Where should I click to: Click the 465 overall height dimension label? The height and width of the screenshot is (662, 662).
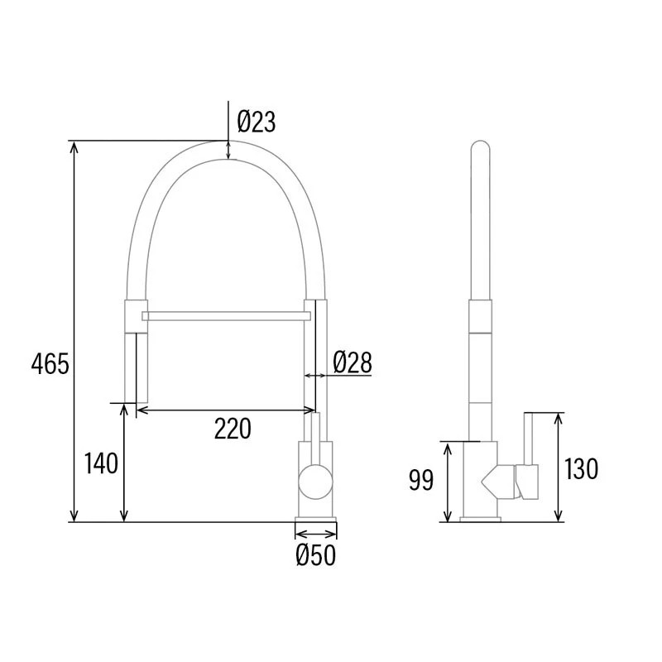(50, 364)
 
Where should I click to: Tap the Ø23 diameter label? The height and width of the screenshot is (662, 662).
(257, 122)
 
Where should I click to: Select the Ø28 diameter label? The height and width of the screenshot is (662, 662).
(353, 362)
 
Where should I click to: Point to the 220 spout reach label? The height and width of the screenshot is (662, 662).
(233, 429)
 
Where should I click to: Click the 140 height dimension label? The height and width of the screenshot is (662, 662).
(101, 463)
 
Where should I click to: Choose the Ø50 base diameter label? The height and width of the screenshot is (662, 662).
(316, 554)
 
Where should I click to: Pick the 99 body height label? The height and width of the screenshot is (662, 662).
(421, 480)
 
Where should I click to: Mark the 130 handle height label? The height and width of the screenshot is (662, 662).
(582, 469)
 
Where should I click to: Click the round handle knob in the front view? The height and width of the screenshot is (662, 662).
(315, 482)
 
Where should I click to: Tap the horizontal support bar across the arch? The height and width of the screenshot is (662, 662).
(226, 316)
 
